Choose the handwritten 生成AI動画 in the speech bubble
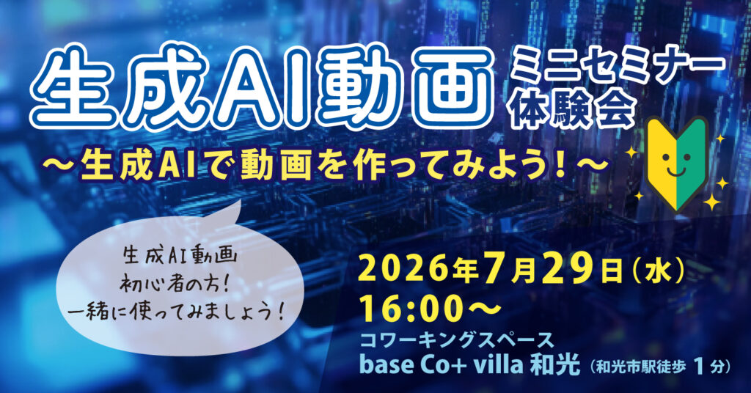(180, 257)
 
